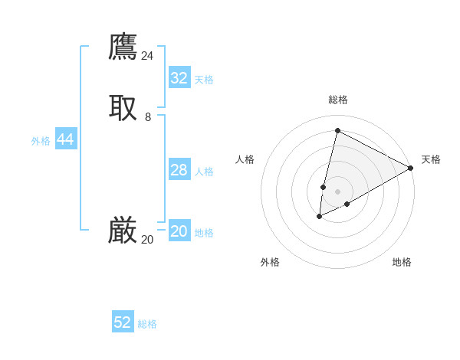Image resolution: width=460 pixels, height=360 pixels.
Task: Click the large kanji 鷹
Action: [x=123, y=47]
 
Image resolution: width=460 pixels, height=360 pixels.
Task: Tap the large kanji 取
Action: [x=123, y=108]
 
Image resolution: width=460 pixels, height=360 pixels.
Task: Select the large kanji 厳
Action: [x=123, y=231]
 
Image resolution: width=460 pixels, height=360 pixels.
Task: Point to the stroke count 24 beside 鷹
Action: [x=147, y=56]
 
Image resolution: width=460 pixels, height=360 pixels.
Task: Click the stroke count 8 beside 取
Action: [x=148, y=117]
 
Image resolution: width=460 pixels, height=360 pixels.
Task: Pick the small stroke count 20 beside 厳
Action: [x=147, y=240]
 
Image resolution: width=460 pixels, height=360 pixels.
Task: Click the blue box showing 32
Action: [x=179, y=78]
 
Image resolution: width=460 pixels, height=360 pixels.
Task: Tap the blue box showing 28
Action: [x=179, y=170]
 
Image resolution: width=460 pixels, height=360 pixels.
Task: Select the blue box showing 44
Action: [x=66, y=139]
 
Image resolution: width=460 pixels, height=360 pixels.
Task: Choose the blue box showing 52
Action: [x=123, y=322]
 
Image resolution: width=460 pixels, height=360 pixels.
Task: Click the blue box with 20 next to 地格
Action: [x=179, y=231]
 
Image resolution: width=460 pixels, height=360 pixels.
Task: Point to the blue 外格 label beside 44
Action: [x=41, y=141]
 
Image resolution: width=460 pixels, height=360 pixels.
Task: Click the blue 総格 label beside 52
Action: [x=147, y=324]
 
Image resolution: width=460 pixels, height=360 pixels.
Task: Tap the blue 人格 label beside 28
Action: [x=205, y=172]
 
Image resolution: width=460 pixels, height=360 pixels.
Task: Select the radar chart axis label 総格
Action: [x=338, y=100]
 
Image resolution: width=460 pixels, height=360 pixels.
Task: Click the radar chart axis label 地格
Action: [x=402, y=263]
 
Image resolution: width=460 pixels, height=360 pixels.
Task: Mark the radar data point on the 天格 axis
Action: [x=410, y=168]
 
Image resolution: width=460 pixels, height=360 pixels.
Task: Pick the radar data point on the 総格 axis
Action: [x=337, y=130]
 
